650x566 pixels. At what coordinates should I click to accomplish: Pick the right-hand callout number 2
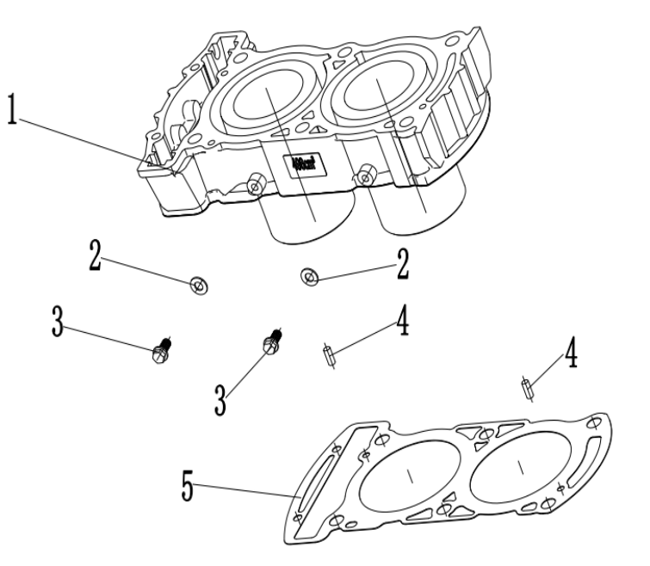click(x=402, y=264)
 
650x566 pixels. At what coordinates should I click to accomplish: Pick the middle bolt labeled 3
click(x=270, y=342)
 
